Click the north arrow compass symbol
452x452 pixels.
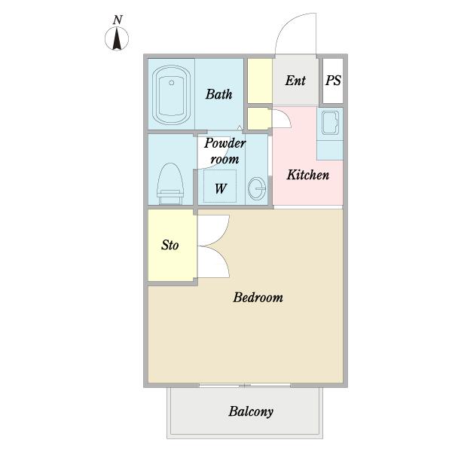pos(117,38)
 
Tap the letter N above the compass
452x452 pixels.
pos(118,20)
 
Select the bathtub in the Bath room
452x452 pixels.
pos(171,95)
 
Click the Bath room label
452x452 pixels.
pos(218,94)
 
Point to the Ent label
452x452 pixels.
pos(295,81)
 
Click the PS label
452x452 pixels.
pos(333,81)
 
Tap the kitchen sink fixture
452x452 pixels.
pos(330,123)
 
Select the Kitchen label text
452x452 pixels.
pos(308,175)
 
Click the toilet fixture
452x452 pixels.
pos(170,184)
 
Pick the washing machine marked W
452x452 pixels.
pos(220,186)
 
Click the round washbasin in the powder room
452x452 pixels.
pos(257,189)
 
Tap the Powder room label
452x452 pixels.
pos(224,151)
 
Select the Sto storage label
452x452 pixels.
pos(169,245)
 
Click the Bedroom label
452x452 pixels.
pos(258,298)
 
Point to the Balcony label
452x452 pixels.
pos(251,411)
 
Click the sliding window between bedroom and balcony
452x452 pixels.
pos(245,385)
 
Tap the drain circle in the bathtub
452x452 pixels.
pos(172,83)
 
